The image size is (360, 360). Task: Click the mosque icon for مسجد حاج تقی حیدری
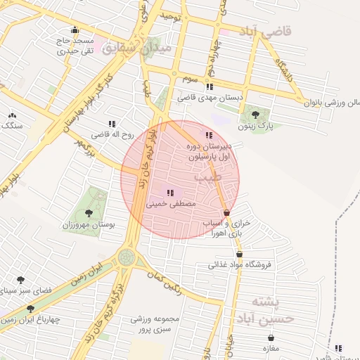[75, 30]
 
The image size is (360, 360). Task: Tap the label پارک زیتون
[255, 127]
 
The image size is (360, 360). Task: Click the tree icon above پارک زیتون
[255, 114]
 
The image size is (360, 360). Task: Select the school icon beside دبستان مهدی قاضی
[209, 86]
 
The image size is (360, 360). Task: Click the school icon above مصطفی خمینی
[169, 192]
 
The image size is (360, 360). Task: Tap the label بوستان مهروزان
[89, 225]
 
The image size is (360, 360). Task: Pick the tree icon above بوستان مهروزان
[88, 213]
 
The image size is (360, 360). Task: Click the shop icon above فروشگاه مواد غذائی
[239, 255]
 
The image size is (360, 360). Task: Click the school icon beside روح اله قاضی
[112, 124]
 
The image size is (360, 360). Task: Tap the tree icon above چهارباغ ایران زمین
[30, 309]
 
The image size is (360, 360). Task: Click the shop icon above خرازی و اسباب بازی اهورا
[226, 212]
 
